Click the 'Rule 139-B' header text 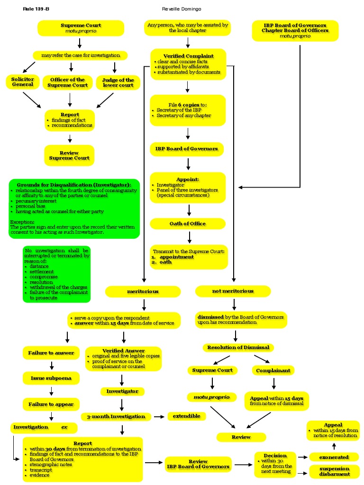(36, 9)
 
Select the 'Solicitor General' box (23, 81)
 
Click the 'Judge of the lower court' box (118, 82)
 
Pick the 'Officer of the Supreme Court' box (68, 82)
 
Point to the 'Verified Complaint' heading (188, 56)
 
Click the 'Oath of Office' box (188, 224)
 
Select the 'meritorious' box (143, 291)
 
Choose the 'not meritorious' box (233, 291)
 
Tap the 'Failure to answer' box (51, 353)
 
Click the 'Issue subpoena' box (51, 378)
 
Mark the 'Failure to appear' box (51, 404)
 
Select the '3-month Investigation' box (116, 417)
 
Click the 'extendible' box (186, 416)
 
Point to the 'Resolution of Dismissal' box (238, 347)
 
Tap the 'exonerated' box (334, 457)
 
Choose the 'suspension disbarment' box (334, 471)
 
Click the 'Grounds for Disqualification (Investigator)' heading (74, 184)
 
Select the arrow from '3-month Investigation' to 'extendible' (159, 417)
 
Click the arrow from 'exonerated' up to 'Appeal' (334, 446)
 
